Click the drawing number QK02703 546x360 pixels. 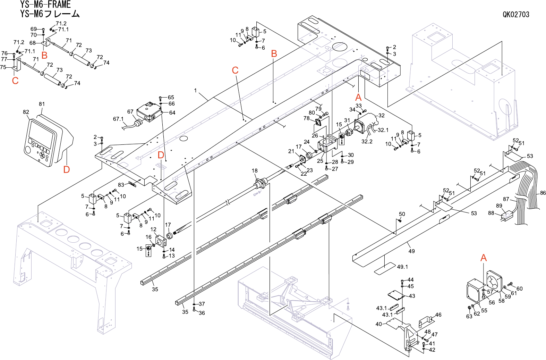coord(516,15)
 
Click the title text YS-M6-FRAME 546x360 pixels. coord(45,5)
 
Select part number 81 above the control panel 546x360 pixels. coord(42,104)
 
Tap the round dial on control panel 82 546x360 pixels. coord(28,150)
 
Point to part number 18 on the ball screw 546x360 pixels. coord(255,171)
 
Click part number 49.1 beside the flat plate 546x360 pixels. coord(402,267)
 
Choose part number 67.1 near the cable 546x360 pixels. coord(118,119)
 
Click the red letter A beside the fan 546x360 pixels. coord(483,258)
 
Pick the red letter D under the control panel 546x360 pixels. coord(67,169)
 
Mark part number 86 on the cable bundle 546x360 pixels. coord(543,193)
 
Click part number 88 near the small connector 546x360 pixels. coord(491,213)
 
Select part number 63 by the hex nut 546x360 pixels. coord(469,317)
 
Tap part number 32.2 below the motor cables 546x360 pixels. coord(367,142)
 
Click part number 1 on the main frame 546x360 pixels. coord(195,91)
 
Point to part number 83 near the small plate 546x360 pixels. coord(121,185)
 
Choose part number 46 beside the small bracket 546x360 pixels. coord(438,315)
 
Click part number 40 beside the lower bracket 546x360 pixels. coord(378,324)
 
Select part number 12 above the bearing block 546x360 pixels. coord(153,229)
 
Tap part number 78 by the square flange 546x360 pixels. coord(306,118)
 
